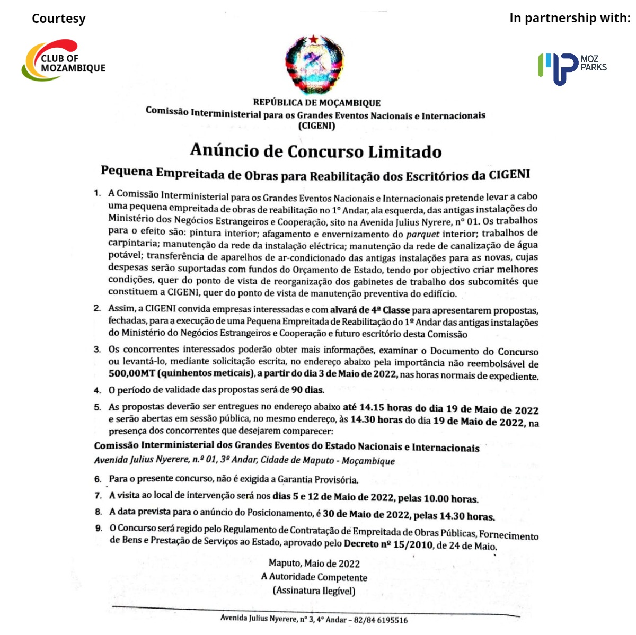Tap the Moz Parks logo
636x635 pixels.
[572, 68]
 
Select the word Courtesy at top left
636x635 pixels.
[58, 19]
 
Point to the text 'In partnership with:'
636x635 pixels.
[570, 18]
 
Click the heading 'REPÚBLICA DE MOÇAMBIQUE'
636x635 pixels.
[316, 103]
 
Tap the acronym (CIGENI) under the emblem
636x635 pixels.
[316, 126]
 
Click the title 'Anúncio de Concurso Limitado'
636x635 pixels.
[316, 151]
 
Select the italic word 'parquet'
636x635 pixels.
[423, 234]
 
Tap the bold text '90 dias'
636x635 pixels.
[307, 390]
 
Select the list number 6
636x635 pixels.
[98, 479]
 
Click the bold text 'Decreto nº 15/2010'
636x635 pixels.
[388, 544]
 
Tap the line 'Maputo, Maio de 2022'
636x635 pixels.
[314, 564]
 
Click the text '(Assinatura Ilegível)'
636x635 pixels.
[314, 591]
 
